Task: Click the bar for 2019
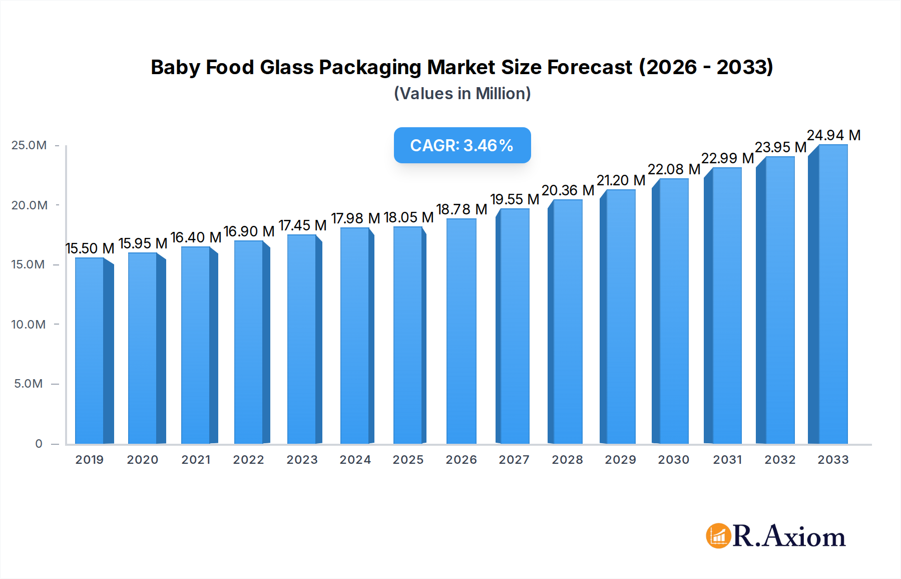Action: pyautogui.click(x=90, y=351)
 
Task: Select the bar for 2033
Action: pyautogui.click(x=832, y=296)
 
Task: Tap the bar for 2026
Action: pyautogui.click(x=461, y=331)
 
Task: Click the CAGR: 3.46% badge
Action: pyautogui.click(x=462, y=145)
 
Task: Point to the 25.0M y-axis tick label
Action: pyautogui.click(x=29, y=145)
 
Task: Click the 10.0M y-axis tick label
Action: pyautogui.click(x=29, y=325)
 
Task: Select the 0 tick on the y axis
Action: pyautogui.click(x=39, y=444)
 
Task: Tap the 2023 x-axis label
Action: pyautogui.click(x=302, y=460)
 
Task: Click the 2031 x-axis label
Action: pyautogui.click(x=727, y=460)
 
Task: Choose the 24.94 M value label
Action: pyautogui.click(x=833, y=135)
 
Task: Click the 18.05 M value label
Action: pyautogui.click(x=408, y=217)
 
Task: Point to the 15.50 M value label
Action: pyautogui.click(x=90, y=248)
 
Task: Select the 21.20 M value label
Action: pyautogui.click(x=621, y=180)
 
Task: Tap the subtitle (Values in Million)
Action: pyautogui.click(x=462, y=94)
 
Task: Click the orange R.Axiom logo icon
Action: pyautogui.click(x=718, y=536)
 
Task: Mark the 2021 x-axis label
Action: pyautogui.click(x=196, y=460)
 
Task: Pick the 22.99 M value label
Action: pyautogui.click(x=727, y=158)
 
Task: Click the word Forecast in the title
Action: pyautogui.click(x=590, y=67)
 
